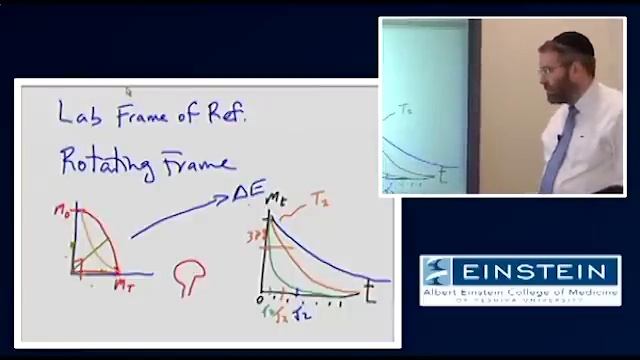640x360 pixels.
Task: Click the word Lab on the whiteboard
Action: coord(80,114)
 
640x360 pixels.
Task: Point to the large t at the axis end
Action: coord(370,291)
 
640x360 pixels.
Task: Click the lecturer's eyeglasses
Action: coord(551,70)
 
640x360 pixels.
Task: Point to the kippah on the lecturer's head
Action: coord(568,41)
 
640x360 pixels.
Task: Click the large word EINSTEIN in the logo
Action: coord(535,271)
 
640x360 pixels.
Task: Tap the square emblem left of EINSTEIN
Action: coord(438,271)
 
